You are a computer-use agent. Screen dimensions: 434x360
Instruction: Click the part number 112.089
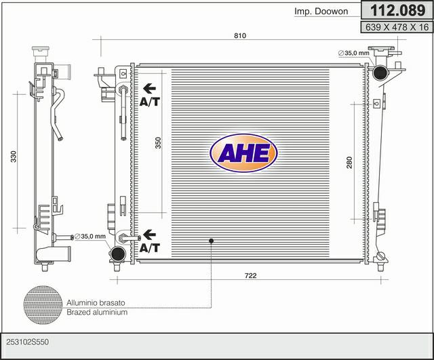[x=397, y=11]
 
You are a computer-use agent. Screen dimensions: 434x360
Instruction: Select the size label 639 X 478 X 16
[x=397, y=27]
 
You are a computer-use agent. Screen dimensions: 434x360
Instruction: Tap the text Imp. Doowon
[x=321, y=12]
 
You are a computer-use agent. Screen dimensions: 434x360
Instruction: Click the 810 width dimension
[x=240, y=35]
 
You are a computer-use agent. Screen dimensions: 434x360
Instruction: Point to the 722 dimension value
[x=250, y=276]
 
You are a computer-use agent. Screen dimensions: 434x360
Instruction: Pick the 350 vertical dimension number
[x=158, y=143]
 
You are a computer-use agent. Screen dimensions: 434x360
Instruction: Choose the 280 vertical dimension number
[x=349, y=163]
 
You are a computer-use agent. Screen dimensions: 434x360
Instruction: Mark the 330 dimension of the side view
[x=14, y=157]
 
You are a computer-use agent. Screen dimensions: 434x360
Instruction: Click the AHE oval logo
[x=243, y=153]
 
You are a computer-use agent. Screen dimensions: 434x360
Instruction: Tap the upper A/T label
[x=150, y=102]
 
